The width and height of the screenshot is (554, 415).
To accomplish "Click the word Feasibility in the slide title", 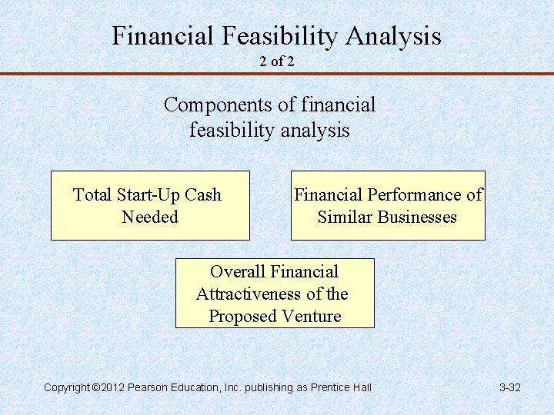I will tap(279, 36).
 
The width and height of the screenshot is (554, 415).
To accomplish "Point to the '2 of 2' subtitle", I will tap(277, 61).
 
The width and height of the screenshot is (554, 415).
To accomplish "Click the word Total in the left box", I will tap(92, 195).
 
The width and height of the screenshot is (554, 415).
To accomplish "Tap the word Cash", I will tap(203, 195).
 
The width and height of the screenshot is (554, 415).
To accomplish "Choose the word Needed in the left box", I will tap(150, 217).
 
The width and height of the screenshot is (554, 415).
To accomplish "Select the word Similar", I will tap(344, 217).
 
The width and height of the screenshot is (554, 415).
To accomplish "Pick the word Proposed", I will tap(241, 317).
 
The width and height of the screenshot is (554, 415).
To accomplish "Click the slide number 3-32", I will tap(510, 387).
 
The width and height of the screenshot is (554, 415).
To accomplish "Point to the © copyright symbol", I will tap(95, 387).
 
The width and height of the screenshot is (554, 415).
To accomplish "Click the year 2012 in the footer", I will tap(112, 387).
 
